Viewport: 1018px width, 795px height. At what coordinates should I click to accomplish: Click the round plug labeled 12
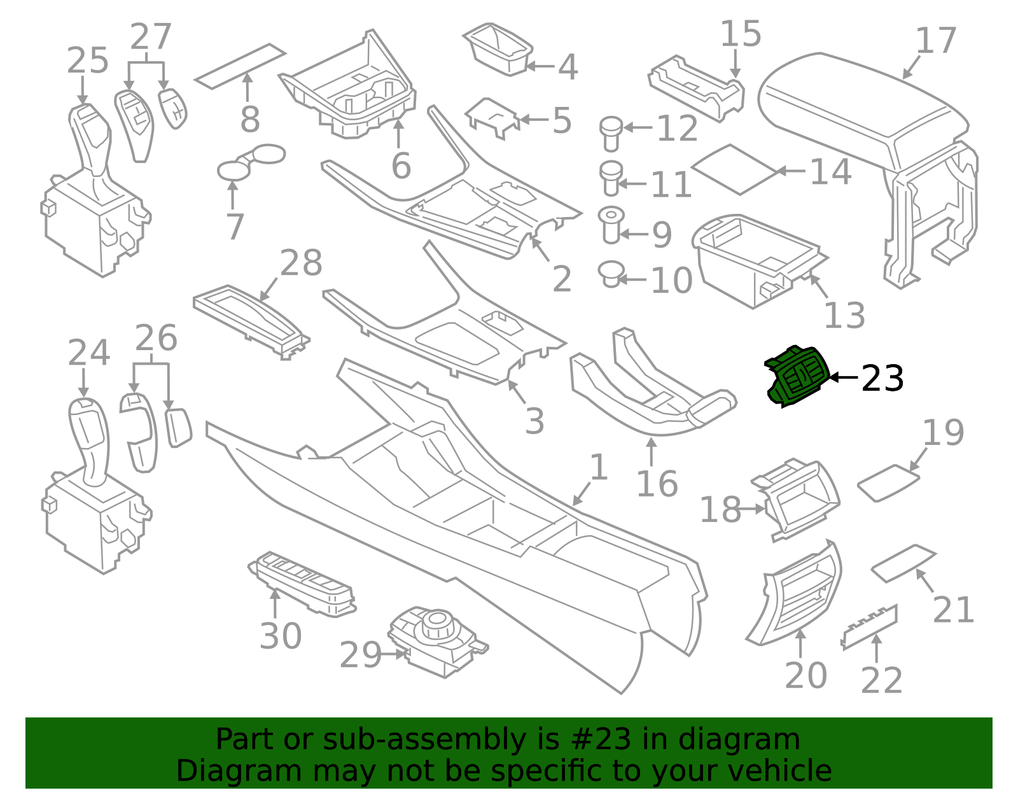[611, 134]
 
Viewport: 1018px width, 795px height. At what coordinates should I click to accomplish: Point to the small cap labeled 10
[611, 274]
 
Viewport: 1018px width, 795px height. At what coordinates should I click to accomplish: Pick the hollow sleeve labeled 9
[611, 225]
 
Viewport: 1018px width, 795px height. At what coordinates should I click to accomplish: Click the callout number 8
[249, 119]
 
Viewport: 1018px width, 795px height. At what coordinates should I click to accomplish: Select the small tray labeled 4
[498, 49]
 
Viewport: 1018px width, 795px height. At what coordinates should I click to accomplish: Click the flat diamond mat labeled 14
[735, 169]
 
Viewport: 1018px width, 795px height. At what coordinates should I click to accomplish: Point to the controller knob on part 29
[436, 624]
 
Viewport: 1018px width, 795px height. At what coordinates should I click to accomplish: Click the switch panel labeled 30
[302, 584]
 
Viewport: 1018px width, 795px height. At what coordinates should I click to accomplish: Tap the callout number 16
[657, 484]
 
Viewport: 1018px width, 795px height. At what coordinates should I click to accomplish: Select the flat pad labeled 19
[888, 482]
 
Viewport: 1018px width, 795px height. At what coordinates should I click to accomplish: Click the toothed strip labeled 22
[870, 628]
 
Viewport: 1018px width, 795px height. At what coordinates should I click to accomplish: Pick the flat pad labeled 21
[903, 563]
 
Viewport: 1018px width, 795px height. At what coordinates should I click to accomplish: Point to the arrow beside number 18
[753, 509]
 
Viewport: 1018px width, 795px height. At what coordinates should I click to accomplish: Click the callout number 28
[301, 263]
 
